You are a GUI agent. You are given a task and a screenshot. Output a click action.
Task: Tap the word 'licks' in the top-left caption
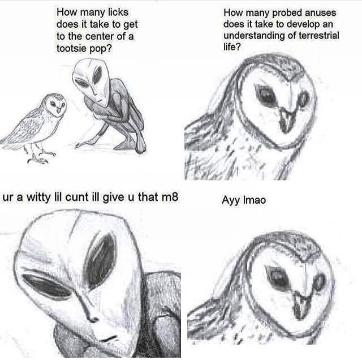tap(118, 12)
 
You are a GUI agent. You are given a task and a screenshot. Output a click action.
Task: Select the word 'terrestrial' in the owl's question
tap(319, 36)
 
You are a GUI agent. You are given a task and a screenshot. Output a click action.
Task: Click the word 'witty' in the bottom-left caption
tap(38, 197)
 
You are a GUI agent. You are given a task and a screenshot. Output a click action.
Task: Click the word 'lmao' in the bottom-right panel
tap(255, 200)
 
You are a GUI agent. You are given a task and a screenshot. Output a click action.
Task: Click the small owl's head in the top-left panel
tap(55, 104)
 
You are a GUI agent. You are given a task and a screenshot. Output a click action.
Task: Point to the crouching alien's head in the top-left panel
tap(92, 81)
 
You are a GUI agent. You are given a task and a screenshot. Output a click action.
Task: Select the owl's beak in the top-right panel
tap(287, 120)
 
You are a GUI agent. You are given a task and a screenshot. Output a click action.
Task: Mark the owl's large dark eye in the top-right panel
tap(266, 95)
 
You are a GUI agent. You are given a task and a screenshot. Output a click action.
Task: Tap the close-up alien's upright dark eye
tap(101, 261)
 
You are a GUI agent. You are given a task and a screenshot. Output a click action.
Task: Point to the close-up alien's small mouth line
tap(107, 339)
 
